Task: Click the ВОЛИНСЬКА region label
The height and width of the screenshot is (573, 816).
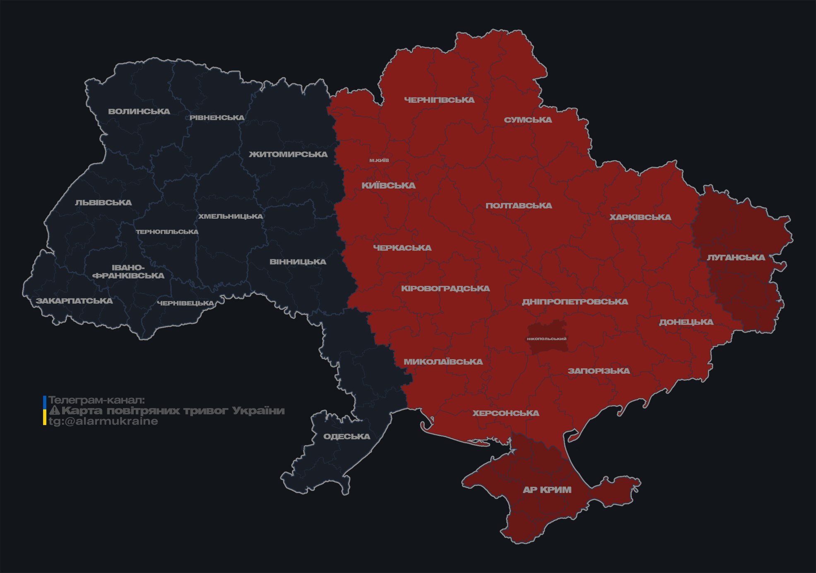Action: pos(139,111)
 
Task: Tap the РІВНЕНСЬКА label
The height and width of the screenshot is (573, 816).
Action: pos(217,118)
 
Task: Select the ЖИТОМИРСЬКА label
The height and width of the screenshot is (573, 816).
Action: pos(288,155)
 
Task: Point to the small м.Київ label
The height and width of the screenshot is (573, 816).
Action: pos(379,160)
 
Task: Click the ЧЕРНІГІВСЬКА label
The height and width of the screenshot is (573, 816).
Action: pos(439,100)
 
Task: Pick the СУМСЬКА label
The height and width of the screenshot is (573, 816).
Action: pos(528,120)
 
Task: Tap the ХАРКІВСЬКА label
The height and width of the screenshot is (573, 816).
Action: pos(640,218)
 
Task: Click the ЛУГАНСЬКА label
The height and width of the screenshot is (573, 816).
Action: pos(736,258)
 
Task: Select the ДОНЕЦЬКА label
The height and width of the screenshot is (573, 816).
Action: pos(686,322)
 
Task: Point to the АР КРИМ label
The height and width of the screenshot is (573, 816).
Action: pos(547,490)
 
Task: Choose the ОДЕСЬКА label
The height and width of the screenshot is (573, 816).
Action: pos(347,437)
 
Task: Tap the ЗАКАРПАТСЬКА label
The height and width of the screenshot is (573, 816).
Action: pos(74,301)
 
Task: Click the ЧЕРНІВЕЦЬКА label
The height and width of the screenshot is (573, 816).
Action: pos(185,303)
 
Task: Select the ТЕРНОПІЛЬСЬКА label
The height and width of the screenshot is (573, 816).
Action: pos(167,232)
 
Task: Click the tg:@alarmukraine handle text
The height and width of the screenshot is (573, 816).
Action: pos(103,421)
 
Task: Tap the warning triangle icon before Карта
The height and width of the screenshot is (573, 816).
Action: pos(54,411)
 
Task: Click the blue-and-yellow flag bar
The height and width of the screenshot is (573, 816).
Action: pos(45,411)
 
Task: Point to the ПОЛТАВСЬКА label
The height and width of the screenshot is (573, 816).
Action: pos(519,206)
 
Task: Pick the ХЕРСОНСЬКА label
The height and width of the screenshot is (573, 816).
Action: pos(506,413)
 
